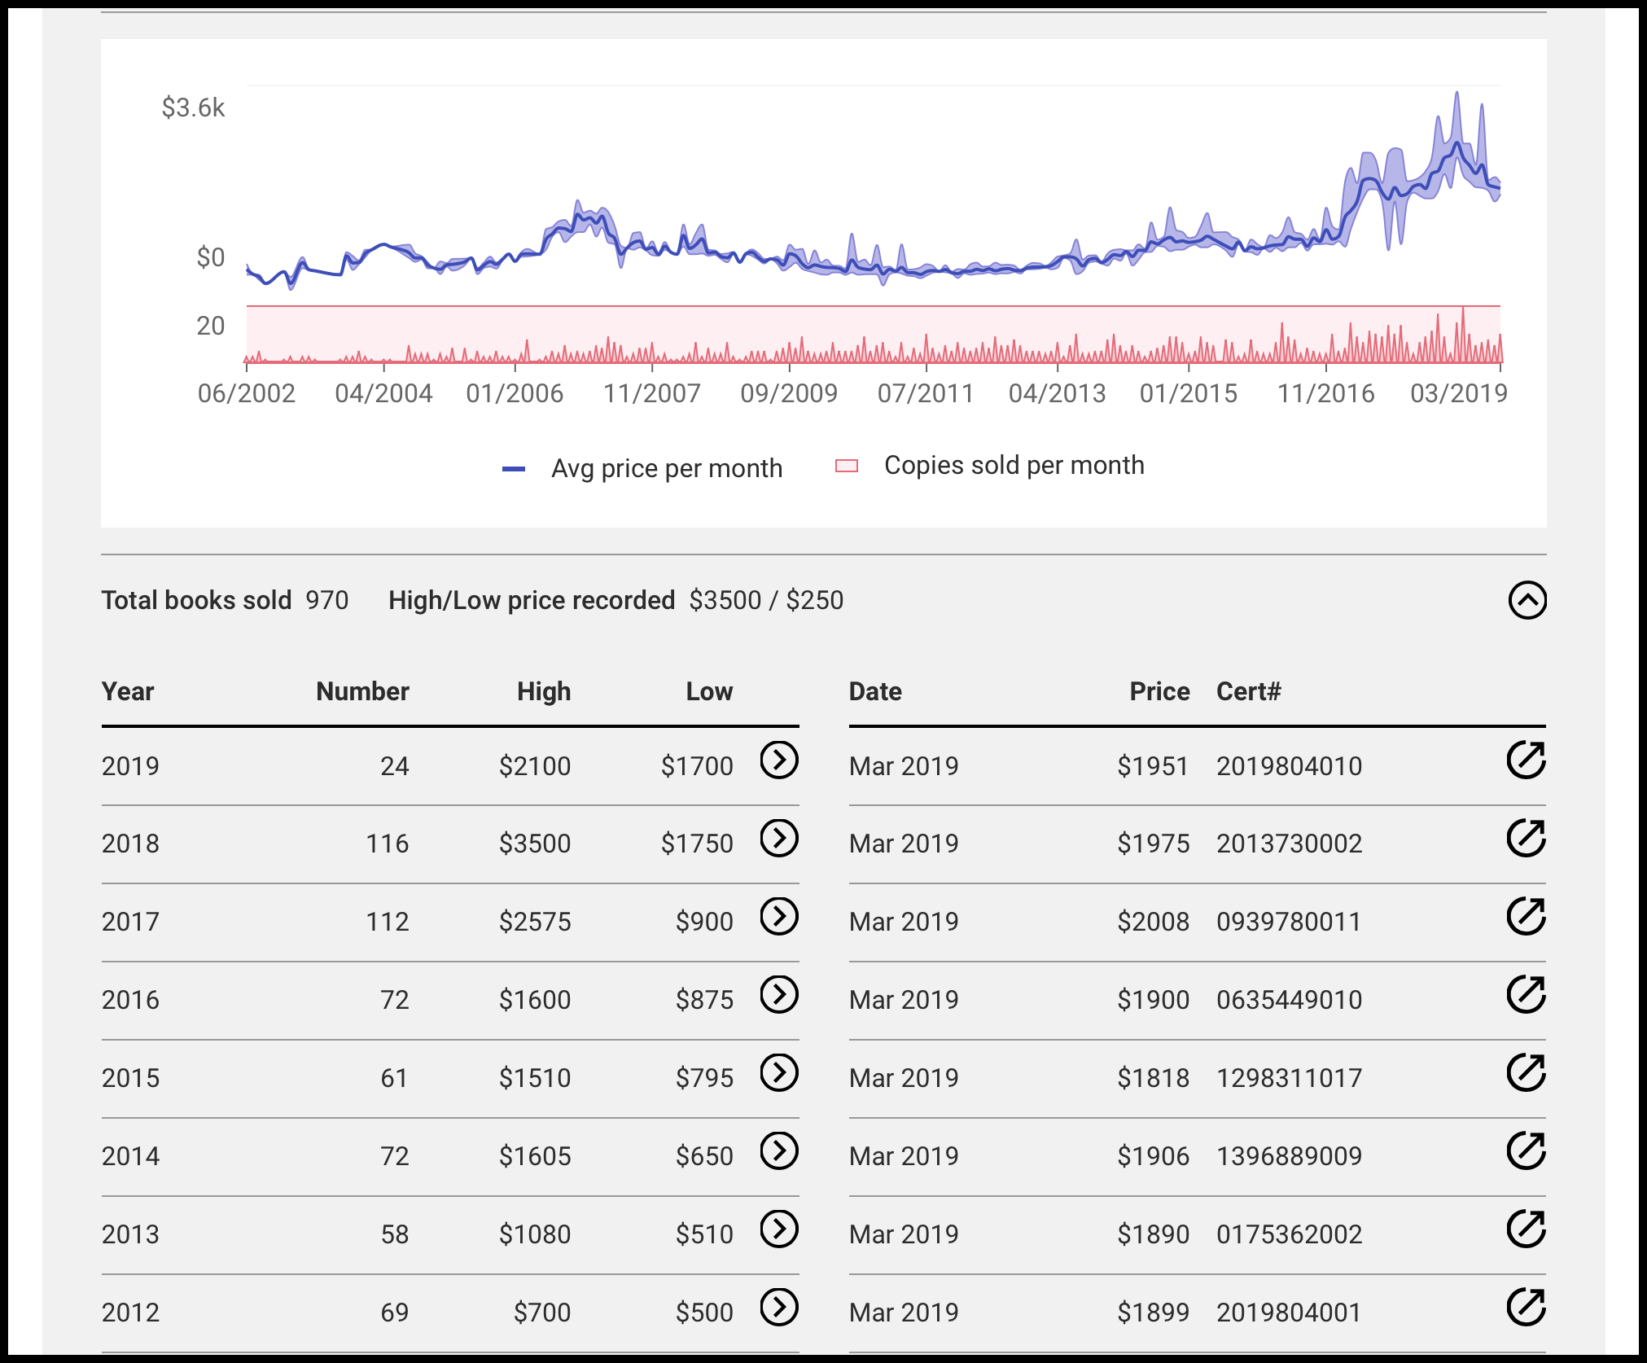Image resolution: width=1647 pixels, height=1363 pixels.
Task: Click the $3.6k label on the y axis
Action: (x=193, y=107)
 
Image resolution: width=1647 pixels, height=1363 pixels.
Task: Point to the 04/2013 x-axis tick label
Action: (x=1057, y=393)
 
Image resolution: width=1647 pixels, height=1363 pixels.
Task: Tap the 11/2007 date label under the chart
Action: (x=651, y=393)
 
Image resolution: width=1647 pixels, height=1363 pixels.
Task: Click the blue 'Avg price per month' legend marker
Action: (x=514, y=469)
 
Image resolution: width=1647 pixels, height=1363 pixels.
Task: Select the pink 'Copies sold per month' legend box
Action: (x=847, y=466)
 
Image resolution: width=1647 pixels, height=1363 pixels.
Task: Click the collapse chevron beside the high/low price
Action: (x=1527, y=600)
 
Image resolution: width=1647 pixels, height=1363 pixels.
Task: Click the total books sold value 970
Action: (x=327, y=600)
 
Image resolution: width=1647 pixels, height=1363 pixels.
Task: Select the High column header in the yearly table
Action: (x=544, y=691)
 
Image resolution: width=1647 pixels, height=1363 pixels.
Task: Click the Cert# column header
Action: (x=1249, y=691)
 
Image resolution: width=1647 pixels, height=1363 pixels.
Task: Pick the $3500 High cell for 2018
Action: (x=535, y=844)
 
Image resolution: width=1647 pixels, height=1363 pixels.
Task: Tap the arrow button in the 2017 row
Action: (x=779, y=916)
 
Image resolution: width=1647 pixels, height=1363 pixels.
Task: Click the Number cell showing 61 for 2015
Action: (x=395, y=1078)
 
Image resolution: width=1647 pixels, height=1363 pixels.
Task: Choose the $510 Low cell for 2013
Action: (x=704, y=1234)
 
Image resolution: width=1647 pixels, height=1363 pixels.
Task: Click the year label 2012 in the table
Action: (x=130, y=1313)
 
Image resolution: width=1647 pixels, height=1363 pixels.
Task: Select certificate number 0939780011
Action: (x=1289, y=922)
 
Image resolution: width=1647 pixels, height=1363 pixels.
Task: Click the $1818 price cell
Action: (x=1153, y=1078)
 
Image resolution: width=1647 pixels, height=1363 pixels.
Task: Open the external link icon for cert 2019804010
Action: (x=1526, y=760)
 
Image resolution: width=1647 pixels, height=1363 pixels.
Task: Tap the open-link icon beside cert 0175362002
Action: (x=1526, y=1229)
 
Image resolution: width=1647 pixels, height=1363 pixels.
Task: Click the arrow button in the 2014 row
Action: (x=779, y=1150)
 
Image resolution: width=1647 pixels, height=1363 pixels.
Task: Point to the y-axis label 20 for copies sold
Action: (x=210, y=326)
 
